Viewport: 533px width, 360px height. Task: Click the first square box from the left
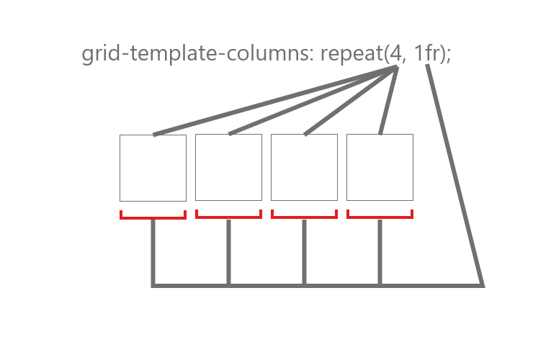(x=153, y=168)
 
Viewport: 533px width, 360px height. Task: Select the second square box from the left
(x=228, y=168)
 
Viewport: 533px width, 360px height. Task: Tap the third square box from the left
(x=304, y=168)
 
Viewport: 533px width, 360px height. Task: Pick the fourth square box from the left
(x=380, y=168)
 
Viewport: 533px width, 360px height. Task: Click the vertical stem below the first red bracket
(x=153, y=252)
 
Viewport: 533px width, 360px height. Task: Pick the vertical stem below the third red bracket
(x=304, y=252)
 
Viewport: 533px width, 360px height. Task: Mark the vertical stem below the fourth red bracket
(x=380, y=252)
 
